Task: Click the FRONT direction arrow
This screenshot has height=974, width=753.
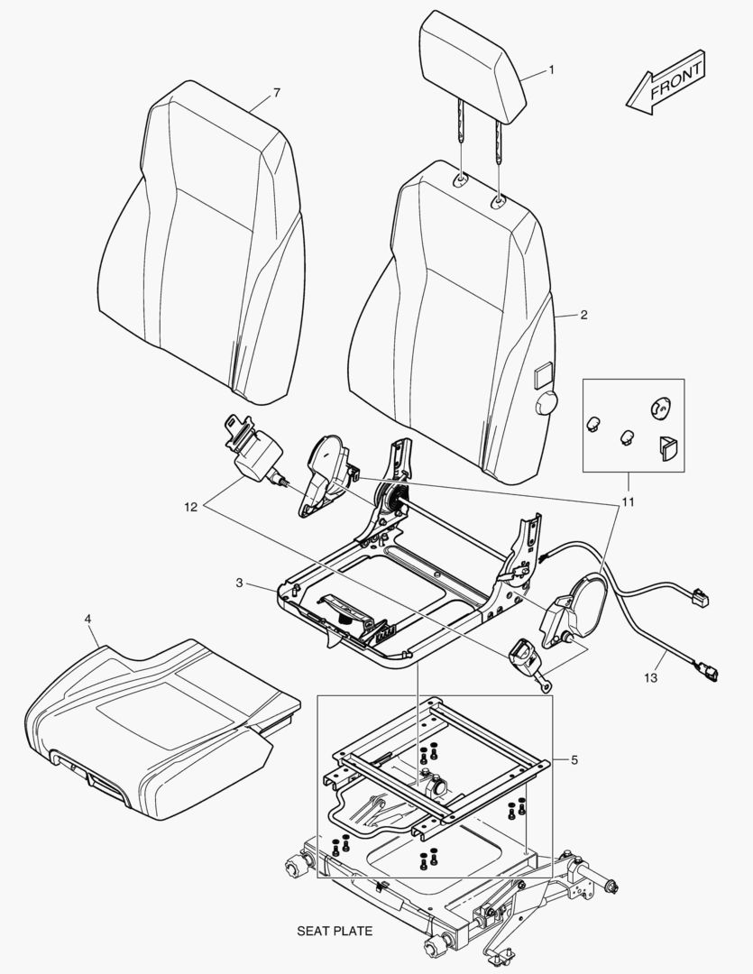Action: point(666,84)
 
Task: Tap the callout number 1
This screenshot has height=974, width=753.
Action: point(552,69)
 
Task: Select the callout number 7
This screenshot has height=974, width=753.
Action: point(277,94)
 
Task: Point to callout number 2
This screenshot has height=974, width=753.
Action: point(583,315)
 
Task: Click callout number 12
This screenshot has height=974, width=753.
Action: point(190,507)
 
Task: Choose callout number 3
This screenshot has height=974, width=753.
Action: point(239,583)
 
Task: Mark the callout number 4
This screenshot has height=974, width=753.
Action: point(87,620)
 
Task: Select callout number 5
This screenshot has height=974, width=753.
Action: point(574,759)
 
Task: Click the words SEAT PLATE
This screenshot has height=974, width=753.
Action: point(335,930)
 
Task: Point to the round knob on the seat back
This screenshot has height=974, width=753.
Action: point(546,405)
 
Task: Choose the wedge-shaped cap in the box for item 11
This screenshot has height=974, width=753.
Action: point(668,446)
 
